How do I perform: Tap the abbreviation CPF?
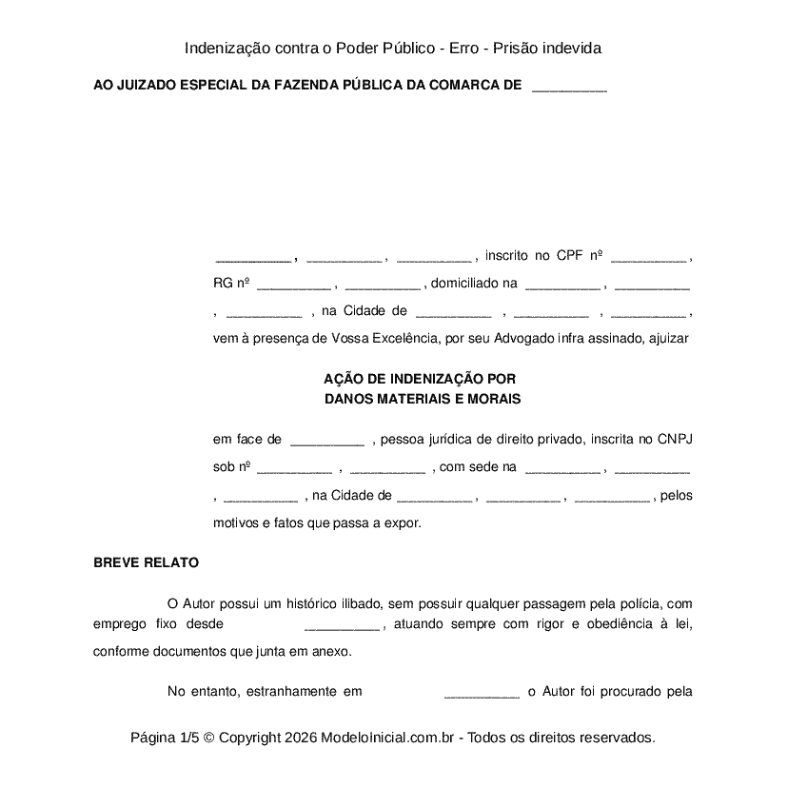pos(570,255)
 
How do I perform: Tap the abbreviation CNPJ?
pos(673,440)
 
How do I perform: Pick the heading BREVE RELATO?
pos(146,562)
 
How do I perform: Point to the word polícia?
pos(642,603)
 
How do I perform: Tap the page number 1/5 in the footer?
pos(188,738)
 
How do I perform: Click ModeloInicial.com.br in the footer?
pos(391,738)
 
